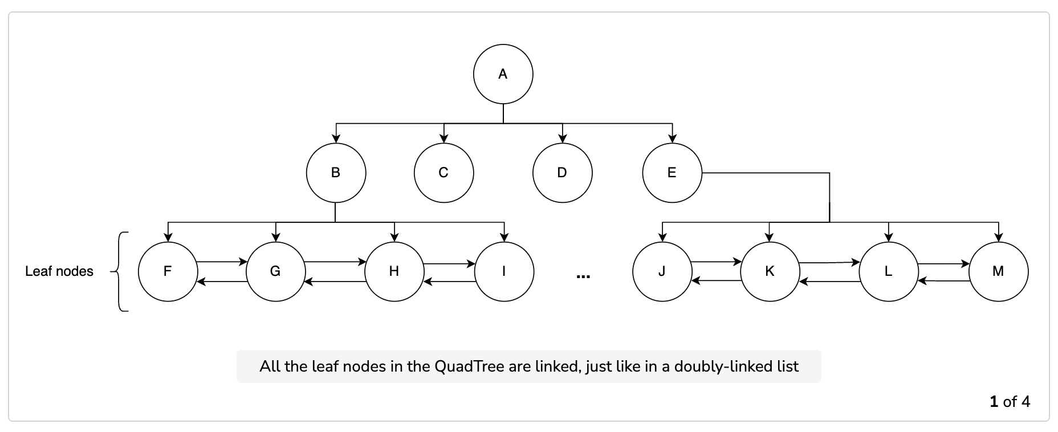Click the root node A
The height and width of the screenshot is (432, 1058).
503,74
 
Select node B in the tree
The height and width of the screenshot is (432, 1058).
336,173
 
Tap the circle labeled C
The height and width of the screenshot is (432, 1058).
444,173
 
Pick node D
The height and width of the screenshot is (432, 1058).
563,173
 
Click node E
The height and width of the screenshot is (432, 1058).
672,173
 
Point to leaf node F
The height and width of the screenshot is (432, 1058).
168,271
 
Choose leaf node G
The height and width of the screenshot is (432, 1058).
276,271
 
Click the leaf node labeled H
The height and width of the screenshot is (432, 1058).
394,271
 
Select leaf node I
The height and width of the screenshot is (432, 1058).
504,271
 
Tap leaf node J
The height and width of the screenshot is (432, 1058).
662,271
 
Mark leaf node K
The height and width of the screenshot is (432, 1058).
770,271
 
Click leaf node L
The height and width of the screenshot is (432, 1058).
889,271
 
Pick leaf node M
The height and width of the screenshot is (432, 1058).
999,271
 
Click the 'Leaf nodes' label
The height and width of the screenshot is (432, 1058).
59,271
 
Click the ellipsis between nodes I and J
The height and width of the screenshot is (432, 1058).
583,277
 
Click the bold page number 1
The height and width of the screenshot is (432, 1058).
994,402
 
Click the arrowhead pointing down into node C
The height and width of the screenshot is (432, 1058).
445,138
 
